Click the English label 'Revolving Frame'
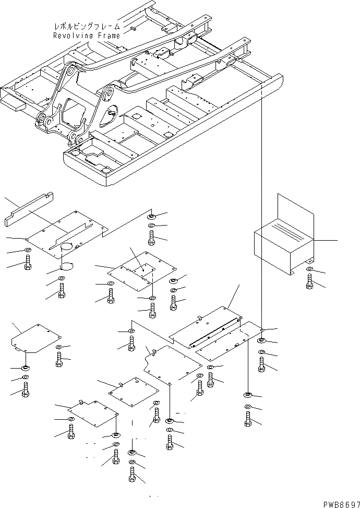coord(86,36)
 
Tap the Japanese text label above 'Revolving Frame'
coord(87,26)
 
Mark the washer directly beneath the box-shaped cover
coord(310,270)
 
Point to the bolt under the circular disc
coord(62,290)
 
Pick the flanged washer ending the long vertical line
coord(260,341)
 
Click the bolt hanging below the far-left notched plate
coord(25,388)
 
